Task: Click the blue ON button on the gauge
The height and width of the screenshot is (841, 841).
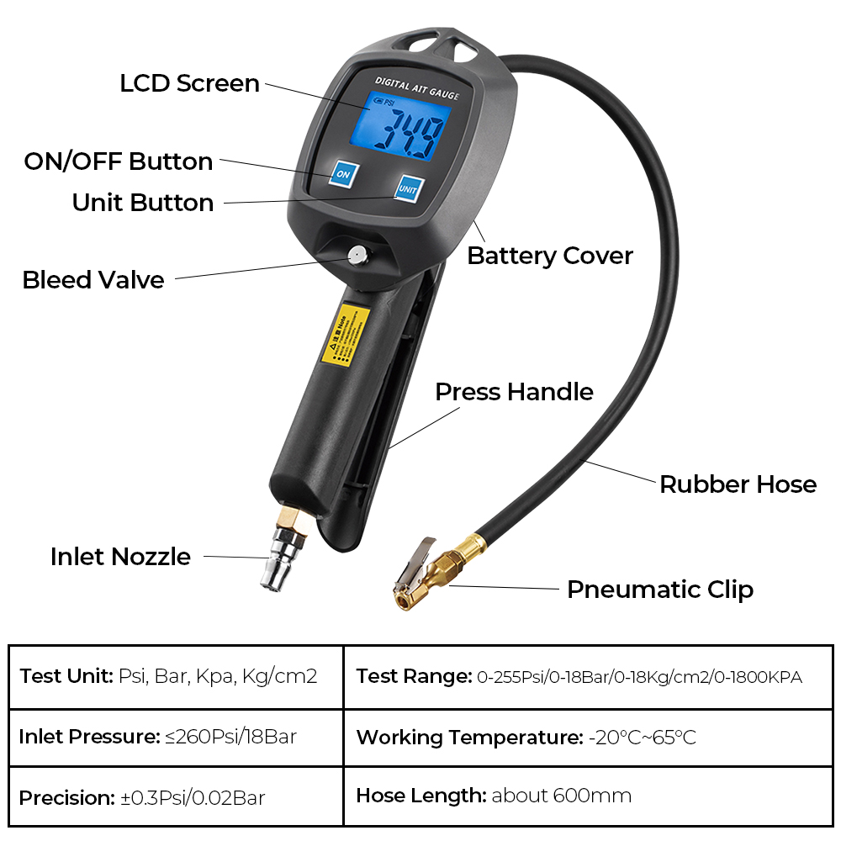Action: coord(342,173)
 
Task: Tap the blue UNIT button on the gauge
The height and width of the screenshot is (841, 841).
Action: coord(408,189)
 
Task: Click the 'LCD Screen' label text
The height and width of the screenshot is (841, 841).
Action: coord(189,83)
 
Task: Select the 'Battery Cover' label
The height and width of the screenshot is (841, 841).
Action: coord(550,256)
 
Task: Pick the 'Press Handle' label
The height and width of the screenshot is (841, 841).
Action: coord(514,392)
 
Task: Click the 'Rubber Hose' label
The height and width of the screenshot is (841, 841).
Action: coord(738,484)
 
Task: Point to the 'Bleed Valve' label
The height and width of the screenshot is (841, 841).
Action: coord(93,280)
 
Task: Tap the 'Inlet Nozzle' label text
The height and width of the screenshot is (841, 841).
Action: coord(120,557)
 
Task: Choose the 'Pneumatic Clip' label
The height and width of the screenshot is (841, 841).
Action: coord(659,590)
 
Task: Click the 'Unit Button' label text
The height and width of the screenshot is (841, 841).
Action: coord(143,203)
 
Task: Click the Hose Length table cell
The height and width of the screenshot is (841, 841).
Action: coord(589,796)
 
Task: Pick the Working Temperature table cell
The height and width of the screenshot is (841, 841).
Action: coord(589,738)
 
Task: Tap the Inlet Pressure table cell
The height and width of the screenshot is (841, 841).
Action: coord(176,738)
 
